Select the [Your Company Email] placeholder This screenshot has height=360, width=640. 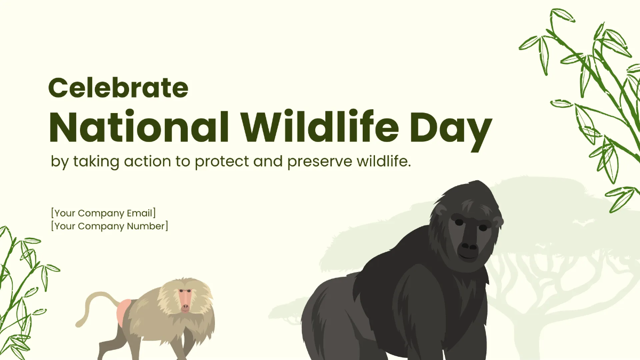(x=103, y=213)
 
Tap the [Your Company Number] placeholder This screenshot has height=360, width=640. (x=109, y=226)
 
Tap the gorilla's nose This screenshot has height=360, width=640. (x=469, y=246)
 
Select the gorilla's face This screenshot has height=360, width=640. (x=469, y=235)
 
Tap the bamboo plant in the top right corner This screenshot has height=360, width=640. (x=592, y=96)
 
